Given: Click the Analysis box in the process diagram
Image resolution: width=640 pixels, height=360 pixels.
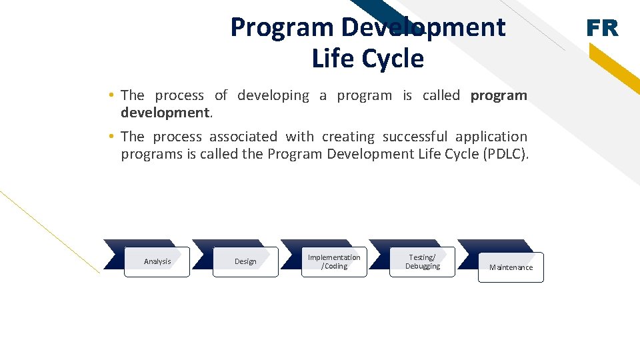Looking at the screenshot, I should [157, 262].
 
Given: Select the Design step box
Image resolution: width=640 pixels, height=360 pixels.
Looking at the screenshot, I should [245, 262].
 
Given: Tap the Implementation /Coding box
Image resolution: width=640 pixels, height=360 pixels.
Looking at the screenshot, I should [334, 262].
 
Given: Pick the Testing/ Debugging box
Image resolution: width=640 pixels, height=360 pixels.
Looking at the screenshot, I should [423, 262].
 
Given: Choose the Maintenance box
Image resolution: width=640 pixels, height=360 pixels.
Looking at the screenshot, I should [511, 267].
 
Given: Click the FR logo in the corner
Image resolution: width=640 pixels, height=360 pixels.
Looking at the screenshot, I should [602, 28].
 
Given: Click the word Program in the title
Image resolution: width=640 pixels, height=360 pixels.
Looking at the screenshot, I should [281, 27].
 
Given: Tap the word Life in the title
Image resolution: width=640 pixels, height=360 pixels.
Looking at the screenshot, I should [335, 59].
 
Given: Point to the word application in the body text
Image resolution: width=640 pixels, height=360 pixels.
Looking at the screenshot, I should [491, 137].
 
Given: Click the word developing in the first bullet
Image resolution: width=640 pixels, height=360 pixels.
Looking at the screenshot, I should [273, 96].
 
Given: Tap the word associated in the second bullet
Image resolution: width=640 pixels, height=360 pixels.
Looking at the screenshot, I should [243, 137].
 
